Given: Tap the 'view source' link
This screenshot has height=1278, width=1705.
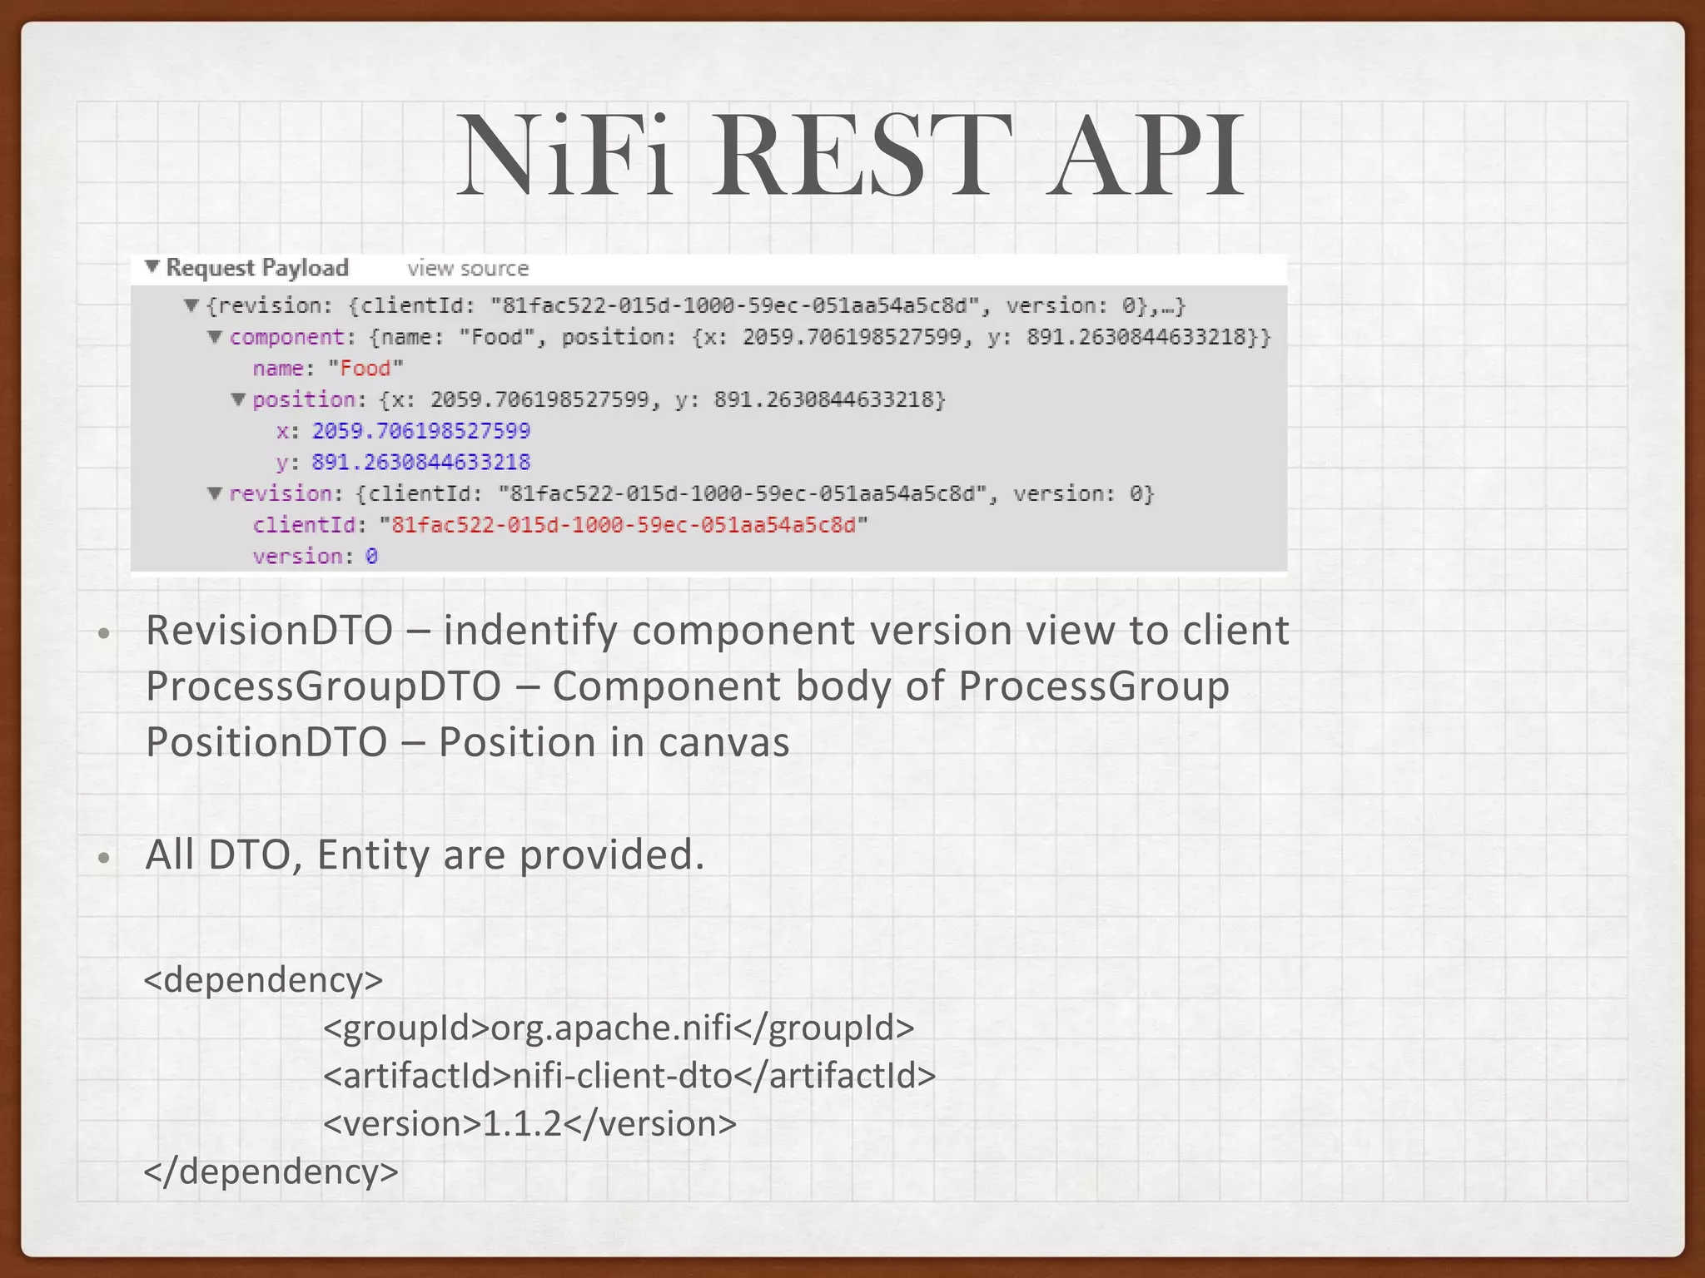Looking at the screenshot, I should tap(468, 269).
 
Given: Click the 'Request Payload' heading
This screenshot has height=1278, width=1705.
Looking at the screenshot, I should tap(257, 268).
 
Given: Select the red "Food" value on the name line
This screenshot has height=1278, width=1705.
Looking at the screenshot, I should tap(365, 369).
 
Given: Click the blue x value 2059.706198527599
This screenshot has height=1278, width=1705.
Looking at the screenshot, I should tap(421, 431).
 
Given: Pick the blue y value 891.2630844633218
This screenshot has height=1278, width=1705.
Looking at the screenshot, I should tap(421, 463).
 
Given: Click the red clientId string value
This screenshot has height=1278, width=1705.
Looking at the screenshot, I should tap(624, 525).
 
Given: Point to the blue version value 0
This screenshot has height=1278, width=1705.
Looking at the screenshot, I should tap(371, 557).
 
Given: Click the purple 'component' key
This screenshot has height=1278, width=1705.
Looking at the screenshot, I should tap(286, 337).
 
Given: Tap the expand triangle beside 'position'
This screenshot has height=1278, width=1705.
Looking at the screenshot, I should tap(239, 399).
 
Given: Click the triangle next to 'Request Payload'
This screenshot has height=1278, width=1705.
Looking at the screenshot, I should tap(152, 267).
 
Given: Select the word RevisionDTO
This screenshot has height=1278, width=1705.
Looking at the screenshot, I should tap(269, 631).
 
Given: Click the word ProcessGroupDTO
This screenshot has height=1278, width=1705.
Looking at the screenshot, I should tap(323, 686).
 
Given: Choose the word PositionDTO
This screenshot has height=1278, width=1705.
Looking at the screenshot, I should tap(266, 742).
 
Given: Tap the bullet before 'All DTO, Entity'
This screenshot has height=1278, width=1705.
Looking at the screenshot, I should tap(103, 858).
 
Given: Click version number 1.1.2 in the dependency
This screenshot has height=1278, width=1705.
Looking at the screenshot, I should tap(523, 1124).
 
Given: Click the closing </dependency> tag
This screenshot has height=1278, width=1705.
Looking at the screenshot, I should tap(271, 1171).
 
